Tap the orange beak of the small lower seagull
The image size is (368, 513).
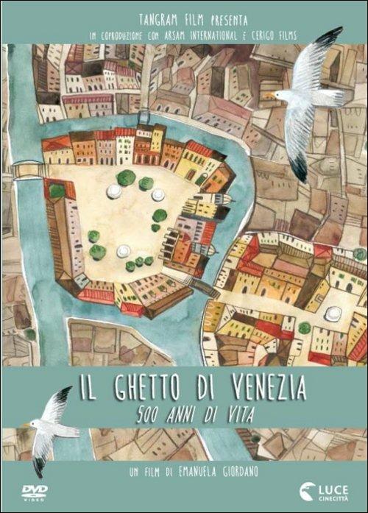tap(31, 425)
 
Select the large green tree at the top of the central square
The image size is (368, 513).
tap(126, 177)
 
